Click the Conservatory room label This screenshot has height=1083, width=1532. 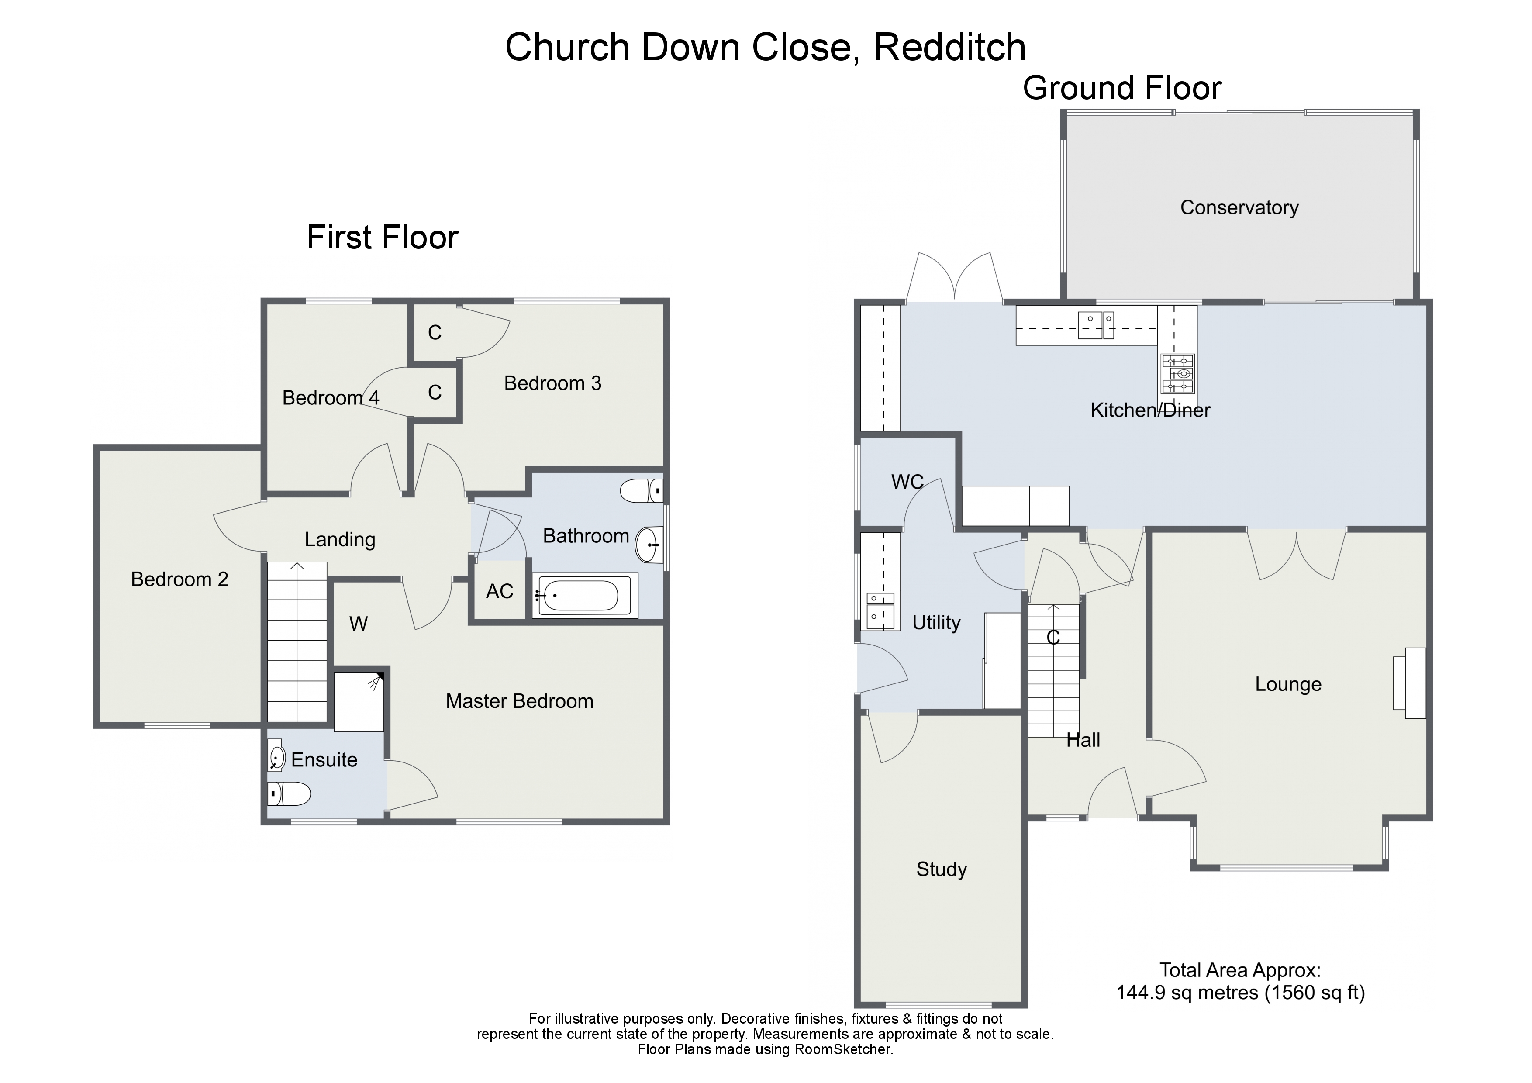[x=1239, y=207]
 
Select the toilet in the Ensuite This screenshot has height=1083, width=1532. [x=290, y=794]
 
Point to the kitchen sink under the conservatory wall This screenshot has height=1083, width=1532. [x=1096, y=326]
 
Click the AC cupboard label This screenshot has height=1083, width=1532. [x=499, y=591]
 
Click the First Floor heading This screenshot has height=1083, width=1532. [x=382, y=238]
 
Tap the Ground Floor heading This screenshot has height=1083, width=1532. [x=1121, y=88]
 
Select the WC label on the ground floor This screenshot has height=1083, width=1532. [x=907, y=482]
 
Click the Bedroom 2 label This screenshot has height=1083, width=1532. [x=179, y=579]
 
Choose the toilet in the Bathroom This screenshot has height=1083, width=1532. [x=641, y=491]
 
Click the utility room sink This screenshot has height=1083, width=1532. [x=880, y=610]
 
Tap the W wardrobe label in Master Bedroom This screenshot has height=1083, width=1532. [x=358, y=624]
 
